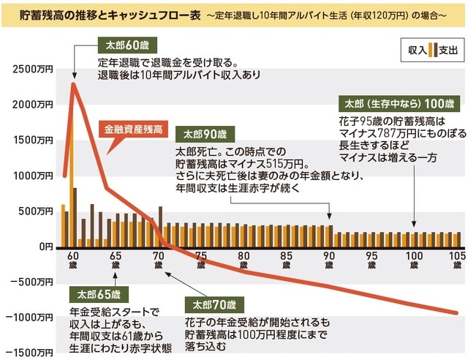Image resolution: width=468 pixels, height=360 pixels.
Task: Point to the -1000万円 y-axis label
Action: tap(29, 318)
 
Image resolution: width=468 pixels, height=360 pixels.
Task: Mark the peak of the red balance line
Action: tap(74, 83)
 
